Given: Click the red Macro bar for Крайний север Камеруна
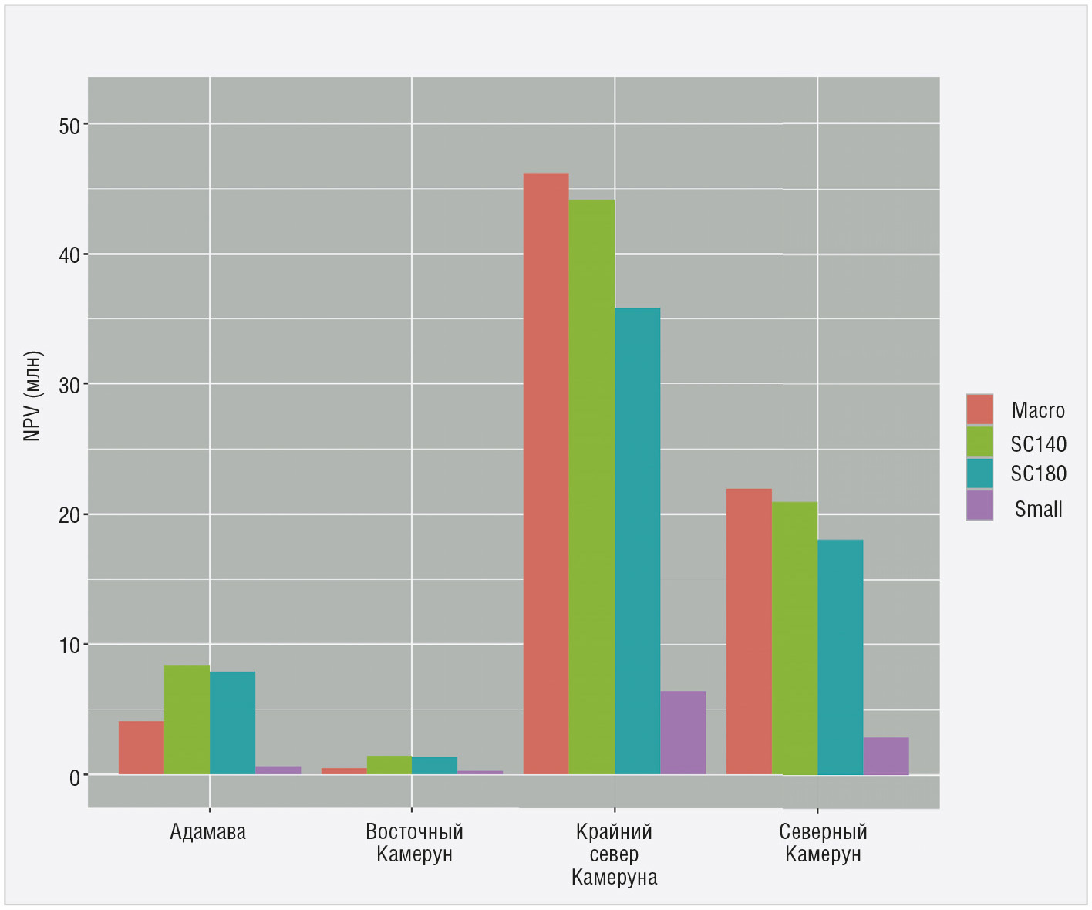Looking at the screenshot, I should click(546, 474).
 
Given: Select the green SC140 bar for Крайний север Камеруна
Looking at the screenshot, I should click(591, 487).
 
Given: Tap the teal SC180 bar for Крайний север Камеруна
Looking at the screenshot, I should click(637, 541).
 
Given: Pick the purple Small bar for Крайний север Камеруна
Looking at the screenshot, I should click(682, 733).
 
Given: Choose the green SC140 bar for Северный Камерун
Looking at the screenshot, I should click(794, 638).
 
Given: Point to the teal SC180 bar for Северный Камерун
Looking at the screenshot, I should click(840, 656).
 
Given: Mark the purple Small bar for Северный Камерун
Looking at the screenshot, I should click(885, 756).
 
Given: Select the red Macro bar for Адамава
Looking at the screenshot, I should click(141, 747).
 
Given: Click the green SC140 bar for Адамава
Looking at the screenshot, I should click(187, 720).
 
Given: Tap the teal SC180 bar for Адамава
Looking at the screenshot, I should click(232, 723).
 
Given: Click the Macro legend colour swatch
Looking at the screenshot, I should click(979, 410).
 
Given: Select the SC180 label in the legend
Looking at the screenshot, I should click(1038, 474).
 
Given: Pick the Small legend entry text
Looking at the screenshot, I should click(1038, 509).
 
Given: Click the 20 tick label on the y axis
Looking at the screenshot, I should click(69, 515).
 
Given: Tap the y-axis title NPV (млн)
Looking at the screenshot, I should click(32, 396).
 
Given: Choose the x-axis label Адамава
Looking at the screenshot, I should click(208, 832).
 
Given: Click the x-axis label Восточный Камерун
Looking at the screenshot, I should click(414, 843).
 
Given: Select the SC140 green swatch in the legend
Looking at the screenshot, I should click(979, 442).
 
